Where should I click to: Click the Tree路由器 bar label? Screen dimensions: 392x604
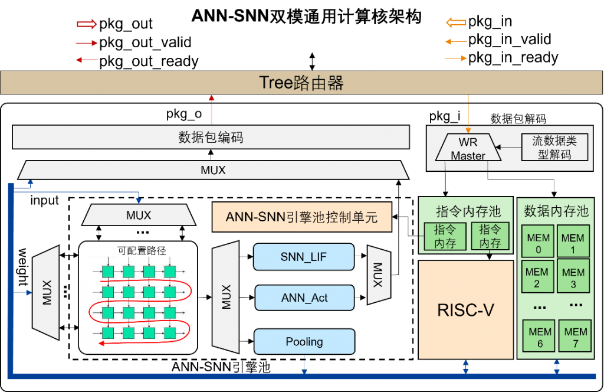tap(301, 83)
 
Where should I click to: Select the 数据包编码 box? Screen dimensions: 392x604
tap(211, 138)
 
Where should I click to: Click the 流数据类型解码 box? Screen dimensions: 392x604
tap(554, 147)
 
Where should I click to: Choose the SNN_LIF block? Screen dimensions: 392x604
tap(304, 257)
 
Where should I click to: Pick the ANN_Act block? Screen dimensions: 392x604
tap(304, 298)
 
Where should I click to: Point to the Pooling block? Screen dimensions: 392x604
tap(304, 342)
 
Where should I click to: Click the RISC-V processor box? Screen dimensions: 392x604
tap(465, 310)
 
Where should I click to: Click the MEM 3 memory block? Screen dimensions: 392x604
tap(573, 277)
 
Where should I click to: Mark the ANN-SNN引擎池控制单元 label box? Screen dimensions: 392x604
tap(301, 217)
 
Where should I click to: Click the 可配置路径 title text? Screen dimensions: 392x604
tap(142, 250)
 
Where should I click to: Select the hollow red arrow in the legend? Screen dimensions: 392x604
tap(87, 24)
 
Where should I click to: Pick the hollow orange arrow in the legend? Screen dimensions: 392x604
tap(457, 23)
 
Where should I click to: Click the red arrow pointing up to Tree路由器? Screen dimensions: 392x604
tap(211, 109)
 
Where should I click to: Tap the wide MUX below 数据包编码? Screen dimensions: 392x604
tap(213, 170)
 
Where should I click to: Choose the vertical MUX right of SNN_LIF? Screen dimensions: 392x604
tap(378, 275)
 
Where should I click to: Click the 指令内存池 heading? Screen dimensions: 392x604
tap(468, 211)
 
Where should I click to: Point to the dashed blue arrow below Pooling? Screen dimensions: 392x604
tap(304, 364)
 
